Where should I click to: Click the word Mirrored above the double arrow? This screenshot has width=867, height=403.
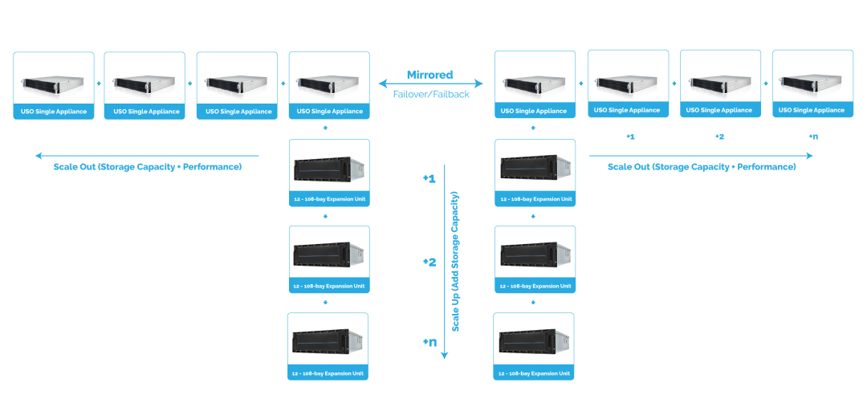coord(429,75)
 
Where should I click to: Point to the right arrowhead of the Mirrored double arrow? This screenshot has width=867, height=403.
coord(481,83)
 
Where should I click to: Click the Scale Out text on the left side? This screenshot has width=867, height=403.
coord(148,167)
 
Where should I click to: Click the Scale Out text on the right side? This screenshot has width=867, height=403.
coord(702,167)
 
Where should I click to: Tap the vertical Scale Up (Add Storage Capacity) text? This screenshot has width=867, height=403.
coord(455,262)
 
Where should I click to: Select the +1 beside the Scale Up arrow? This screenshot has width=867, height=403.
coord(429,178)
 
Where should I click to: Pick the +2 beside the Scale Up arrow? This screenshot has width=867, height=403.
coord(429,262)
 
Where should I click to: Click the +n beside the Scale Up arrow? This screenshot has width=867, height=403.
coord(429,343)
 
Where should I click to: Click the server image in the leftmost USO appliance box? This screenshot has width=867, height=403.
coord(53,84)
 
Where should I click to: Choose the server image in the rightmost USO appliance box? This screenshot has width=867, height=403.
coord(812,84)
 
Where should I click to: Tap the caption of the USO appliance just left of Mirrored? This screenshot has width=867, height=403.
coord(329,111)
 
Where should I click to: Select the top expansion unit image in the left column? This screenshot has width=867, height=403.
coord(328,169)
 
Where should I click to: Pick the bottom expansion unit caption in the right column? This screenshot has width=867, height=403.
coord(534,372)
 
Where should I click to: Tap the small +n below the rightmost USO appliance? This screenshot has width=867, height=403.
coord(813,136)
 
